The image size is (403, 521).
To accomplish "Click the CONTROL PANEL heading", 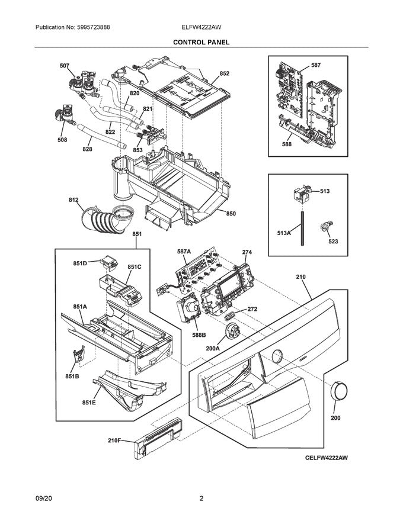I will (201, 43).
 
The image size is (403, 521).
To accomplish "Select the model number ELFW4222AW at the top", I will (201, 28).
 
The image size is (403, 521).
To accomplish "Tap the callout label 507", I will (64, 66).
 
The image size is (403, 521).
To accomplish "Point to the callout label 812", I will (73, 200).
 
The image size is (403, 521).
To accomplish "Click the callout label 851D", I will (80, 263).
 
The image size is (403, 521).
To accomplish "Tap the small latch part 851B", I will (76, 358).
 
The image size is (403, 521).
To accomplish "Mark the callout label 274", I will (247, 252).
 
